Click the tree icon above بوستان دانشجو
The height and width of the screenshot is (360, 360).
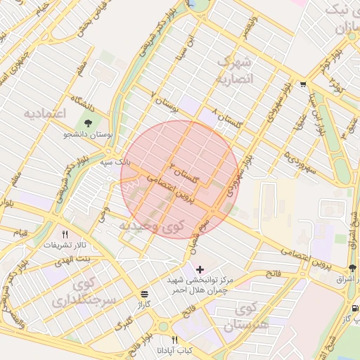tap(87, 123)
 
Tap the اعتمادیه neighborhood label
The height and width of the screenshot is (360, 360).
tap(44, 112)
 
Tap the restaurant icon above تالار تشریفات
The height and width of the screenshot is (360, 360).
tap(65, 234)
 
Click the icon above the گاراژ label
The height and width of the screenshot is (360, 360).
tap(144, 293)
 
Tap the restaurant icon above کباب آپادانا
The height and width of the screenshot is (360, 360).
tap(174, 340)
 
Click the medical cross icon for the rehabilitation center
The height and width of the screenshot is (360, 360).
tap(200, 269)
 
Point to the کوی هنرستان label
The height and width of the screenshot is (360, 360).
tap(246, 316)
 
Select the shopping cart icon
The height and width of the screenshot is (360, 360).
tap(302, 84)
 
